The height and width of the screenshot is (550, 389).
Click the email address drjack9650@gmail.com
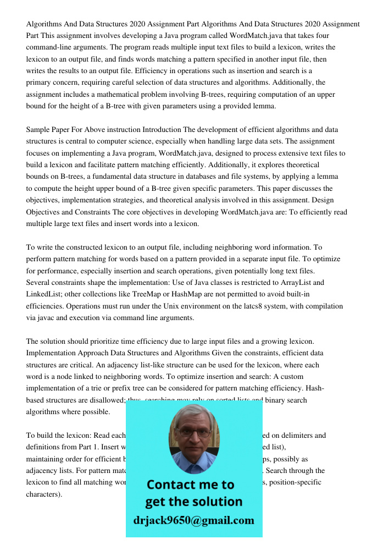point(193,520)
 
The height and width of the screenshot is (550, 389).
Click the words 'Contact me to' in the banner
point(190,485)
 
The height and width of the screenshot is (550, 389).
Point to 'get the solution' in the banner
point(193,502)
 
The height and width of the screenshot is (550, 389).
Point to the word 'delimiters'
point(299,435)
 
